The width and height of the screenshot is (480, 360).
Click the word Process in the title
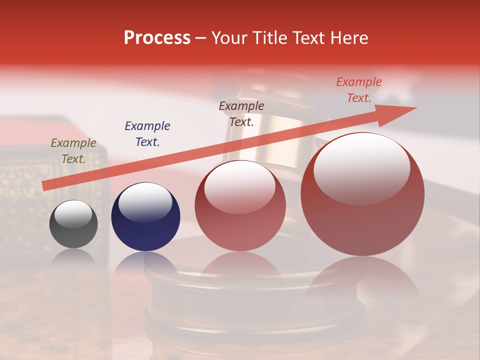[x=157, y=37]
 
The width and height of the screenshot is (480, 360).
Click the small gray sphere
[x=73, y=224]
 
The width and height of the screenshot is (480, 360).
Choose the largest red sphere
[x=362, y=195]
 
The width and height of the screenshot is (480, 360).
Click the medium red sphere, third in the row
[x=240, y=206]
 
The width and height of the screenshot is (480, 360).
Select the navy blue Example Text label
[x=147, y=134]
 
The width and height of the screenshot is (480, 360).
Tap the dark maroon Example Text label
[x=241, y=114]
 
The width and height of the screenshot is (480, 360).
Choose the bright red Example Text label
[x=359, y=90]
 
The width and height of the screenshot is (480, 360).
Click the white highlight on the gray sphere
[x=73, y=214]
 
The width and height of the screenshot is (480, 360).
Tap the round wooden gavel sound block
[x=255, y=300]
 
